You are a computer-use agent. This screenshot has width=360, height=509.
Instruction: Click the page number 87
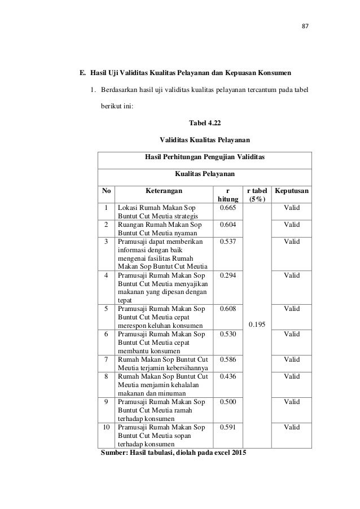[306, 26]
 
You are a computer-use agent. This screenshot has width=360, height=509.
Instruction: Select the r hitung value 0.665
[227, 208]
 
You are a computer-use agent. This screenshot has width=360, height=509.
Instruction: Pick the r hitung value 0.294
[227, 275]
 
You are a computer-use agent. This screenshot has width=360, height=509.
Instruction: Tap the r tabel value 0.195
[256, 324]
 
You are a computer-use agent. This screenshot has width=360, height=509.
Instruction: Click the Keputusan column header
[291, 191]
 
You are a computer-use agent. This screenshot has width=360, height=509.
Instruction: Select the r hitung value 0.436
[227, 376]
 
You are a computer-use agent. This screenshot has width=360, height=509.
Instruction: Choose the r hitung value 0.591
[227, 427]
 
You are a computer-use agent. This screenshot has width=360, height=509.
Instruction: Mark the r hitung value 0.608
[227, 309]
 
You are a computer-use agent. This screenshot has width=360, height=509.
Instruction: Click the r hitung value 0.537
[227, 242]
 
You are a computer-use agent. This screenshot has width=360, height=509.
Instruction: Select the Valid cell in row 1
[291, 208]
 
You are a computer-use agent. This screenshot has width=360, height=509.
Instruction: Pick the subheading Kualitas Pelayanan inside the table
[205, 175]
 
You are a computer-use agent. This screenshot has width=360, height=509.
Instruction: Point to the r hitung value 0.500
[227, 402]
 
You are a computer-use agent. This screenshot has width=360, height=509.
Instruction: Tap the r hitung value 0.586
[227, 359]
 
